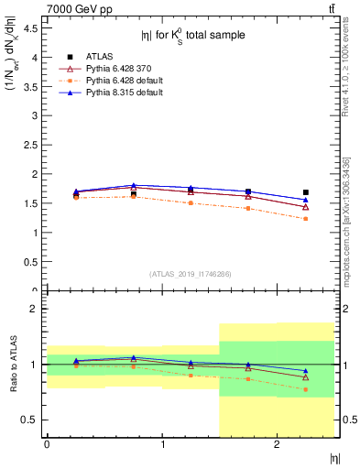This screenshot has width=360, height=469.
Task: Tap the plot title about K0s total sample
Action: click(192, 36)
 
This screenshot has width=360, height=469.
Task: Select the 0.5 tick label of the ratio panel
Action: click(31, 420)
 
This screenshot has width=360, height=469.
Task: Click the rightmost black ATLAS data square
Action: click(306, 192)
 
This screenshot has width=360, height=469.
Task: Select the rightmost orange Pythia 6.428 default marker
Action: click(306, 219)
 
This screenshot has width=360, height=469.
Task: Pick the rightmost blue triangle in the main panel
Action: click(306, 200)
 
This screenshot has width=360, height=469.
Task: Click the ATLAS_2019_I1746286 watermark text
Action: click(191, 273)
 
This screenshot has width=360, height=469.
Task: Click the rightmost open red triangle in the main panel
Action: click(306, 207)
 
